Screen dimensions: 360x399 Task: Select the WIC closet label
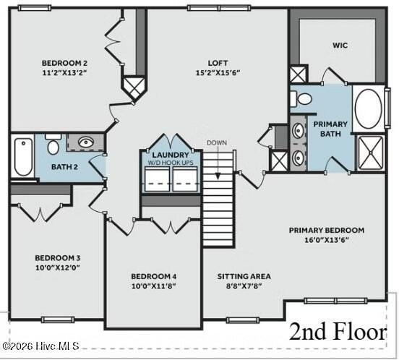click(x=340, y=46)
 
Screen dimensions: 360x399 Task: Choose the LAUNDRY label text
click(x=171, y=155)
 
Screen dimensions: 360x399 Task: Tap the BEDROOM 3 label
click(x=57, y=258)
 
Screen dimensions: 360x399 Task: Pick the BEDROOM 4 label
click(x=154, y=276)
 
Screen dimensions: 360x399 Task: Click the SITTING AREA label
click(x=244, y=276)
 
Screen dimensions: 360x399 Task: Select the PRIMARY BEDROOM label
click(x=327, y=231)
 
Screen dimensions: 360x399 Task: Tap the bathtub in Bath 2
click(x=22, y=157)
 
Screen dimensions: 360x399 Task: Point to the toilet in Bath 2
click(x=53, y=147)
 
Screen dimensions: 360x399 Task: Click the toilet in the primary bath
click(x=304, y=99)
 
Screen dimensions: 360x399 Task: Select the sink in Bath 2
click(x=86, y=142)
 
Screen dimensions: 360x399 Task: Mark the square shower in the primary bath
click(x=372, y=153)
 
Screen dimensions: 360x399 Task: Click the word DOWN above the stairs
click(x=217, y=142)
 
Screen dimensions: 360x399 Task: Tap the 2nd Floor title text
click(x=338, y=332)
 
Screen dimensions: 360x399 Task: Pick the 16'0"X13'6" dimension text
click(x=327, y=240)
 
